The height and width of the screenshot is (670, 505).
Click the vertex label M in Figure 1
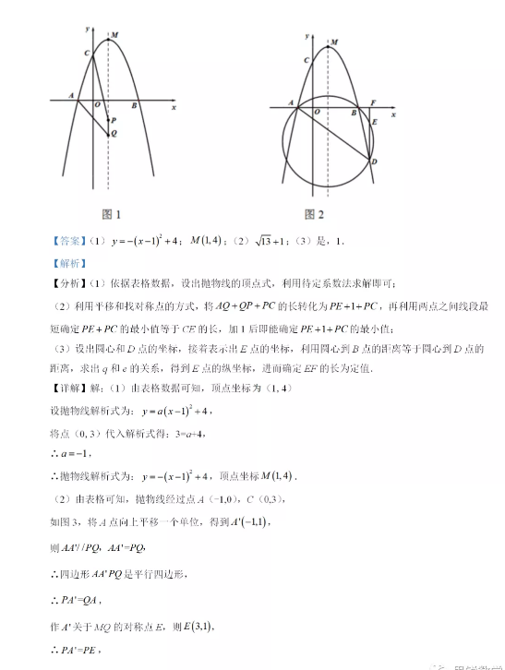[x=114, y=37]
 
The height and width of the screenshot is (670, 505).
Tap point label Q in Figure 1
[x=114, y=133]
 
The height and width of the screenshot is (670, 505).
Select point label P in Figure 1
[x=114, y=120]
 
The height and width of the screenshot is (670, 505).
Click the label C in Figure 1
[x=86, y=55]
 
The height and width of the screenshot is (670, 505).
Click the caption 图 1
[x=112, y=214]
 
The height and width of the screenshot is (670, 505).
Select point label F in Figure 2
[x=372, y=102]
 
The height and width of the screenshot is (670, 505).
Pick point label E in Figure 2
[x=374, y=121]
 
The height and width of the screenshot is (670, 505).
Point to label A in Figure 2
[x=291, y=102]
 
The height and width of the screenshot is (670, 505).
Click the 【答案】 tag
[x=69, y=242]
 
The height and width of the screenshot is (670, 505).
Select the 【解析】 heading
[x=69, y=263]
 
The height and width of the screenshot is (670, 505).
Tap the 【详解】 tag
[x=69, y=389]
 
